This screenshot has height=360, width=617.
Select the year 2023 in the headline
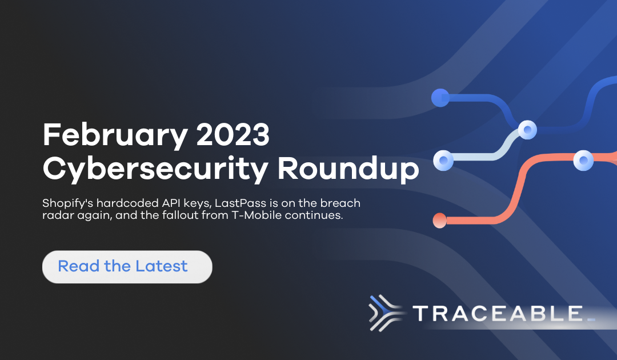point(233,134)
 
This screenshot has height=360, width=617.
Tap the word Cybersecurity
point(155,170)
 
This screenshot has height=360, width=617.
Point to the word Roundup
point(348,169)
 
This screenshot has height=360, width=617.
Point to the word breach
point(340,203)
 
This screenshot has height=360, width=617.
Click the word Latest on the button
point(161,266)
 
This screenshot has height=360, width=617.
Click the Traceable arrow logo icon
point(386,313)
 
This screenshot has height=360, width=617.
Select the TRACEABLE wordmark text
point(498,314)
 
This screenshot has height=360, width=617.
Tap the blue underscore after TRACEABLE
point(591,320)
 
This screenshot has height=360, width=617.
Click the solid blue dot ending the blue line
point(440,98)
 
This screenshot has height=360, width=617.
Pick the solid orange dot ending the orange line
point(439,221)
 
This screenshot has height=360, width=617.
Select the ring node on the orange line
point(583,160)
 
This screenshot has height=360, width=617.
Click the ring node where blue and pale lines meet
point(527,130)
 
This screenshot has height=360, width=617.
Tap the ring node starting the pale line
point(443,161)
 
